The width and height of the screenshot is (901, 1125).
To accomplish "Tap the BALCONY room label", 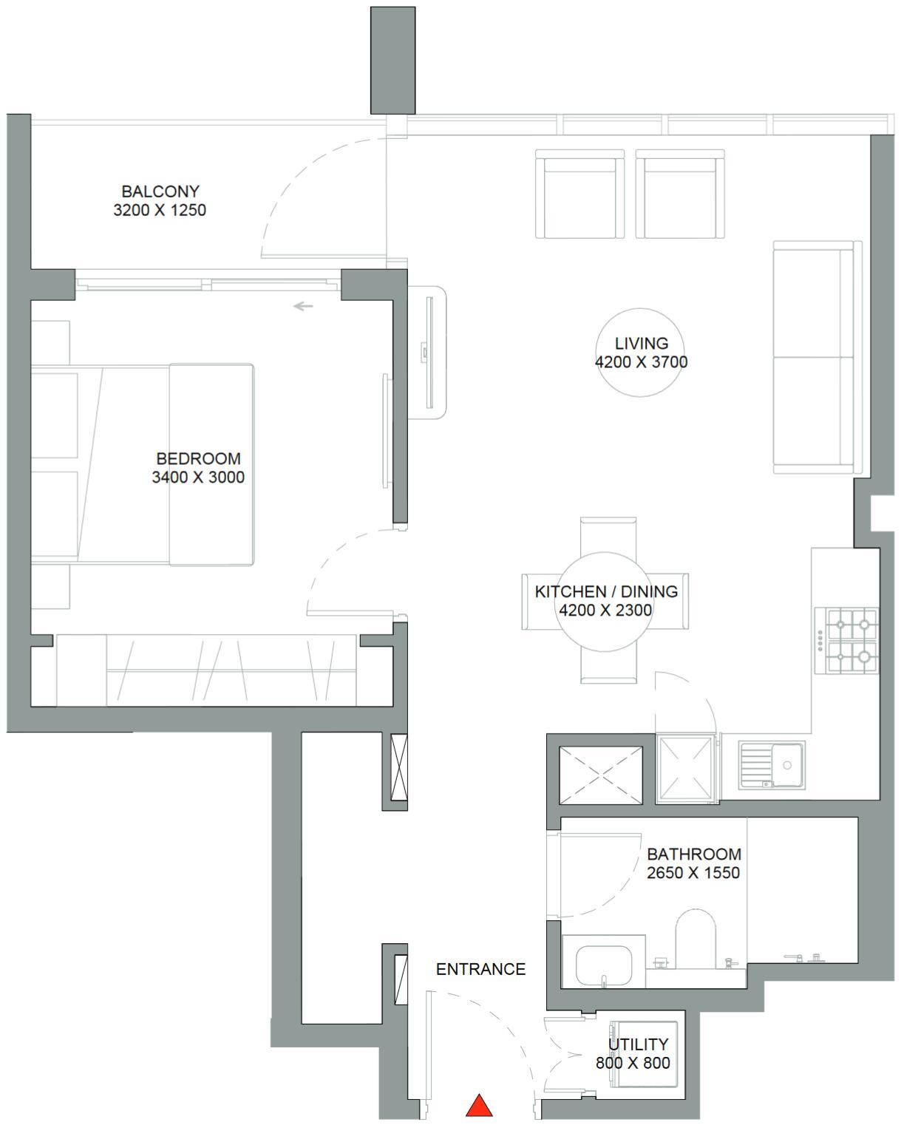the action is click(x=160, y=191).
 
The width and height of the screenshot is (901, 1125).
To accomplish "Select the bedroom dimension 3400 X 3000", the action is click(x=198, y=477).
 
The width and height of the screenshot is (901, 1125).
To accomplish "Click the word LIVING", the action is click(x=642, y=344).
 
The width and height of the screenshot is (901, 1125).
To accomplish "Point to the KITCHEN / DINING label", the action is click(x=606, y=592).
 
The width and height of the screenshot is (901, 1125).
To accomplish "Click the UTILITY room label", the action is click(x=639, y=1044).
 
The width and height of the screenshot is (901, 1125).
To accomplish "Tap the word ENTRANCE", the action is click(x=480, y=969).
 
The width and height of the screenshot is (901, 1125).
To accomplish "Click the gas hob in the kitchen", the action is click(x=846, y=640).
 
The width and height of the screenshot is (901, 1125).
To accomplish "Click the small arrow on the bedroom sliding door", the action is click(x=303, y=306).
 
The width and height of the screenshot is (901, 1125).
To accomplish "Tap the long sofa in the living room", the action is click(x=817, y=358).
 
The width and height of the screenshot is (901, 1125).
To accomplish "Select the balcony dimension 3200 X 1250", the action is click(x=160, y=210).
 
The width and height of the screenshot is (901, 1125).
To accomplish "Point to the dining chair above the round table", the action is click(x=608, y=536).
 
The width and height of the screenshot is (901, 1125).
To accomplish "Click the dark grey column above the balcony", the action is click(x=392, y=60).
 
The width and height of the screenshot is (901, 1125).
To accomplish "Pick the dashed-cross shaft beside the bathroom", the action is click(x=601, y=775).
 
